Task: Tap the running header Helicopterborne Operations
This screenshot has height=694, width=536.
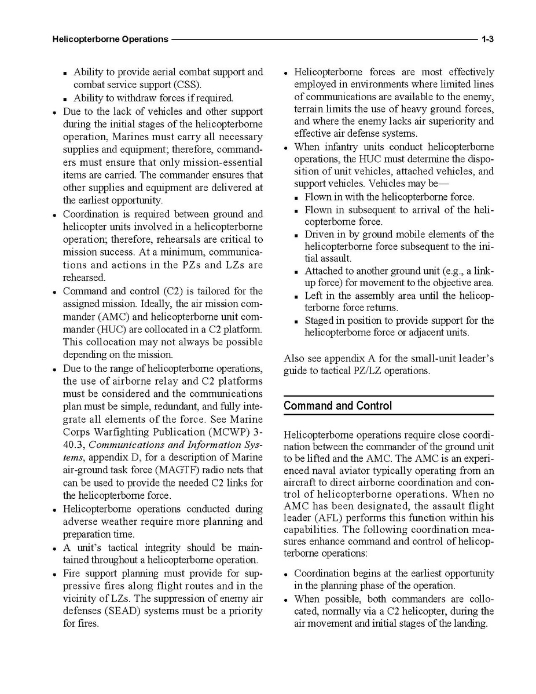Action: pyautogui.click(x=110, y=39)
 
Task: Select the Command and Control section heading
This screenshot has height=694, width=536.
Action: pyautogui.click(x=337, y=406)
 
